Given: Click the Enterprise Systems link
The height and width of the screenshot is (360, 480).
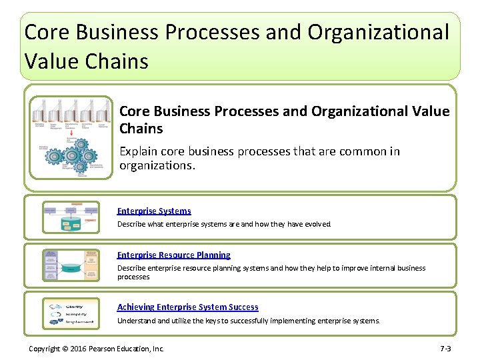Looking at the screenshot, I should (x=154, y=211).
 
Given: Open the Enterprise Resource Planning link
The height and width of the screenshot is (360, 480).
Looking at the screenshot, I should (x=174, y=255).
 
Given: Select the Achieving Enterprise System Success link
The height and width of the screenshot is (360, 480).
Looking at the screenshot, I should (x=187, y=307).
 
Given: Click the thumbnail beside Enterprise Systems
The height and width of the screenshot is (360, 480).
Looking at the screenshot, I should (x=71, y=217).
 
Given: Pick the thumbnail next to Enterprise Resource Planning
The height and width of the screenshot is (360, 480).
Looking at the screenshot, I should (x=71, y=265).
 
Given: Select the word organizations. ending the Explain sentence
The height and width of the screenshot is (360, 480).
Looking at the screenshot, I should (x=157, y=165).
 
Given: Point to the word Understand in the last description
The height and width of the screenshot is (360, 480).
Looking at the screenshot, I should (x=136, y=321).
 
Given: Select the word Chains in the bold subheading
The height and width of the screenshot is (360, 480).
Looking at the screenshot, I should (x=141, y=128).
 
